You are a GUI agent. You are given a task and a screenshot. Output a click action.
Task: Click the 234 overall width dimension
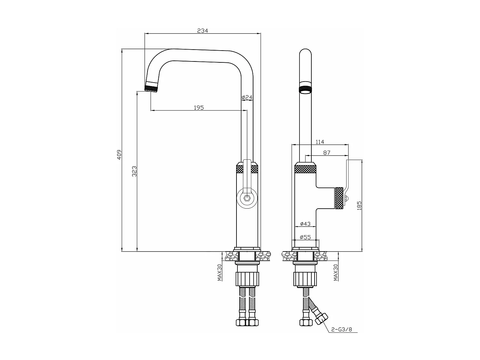202,31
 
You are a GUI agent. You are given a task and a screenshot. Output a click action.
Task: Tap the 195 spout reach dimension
199,108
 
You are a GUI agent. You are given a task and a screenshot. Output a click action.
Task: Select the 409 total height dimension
119,155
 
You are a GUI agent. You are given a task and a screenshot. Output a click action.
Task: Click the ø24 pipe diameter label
247,97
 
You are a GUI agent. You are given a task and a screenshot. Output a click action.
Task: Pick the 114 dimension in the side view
320,142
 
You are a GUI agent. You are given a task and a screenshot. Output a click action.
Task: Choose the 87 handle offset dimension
326,153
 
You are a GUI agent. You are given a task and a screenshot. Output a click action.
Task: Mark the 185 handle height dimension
359,205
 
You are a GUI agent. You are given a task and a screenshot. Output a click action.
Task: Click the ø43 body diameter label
305,224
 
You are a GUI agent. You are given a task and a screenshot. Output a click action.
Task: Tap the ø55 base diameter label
305,237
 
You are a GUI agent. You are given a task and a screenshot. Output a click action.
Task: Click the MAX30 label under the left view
220,272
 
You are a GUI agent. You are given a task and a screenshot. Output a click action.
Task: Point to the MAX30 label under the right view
336,272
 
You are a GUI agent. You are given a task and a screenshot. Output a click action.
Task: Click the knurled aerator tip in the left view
151,88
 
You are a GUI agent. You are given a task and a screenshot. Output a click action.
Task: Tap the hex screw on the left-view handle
247,198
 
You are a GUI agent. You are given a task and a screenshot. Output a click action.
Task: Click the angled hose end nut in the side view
321,319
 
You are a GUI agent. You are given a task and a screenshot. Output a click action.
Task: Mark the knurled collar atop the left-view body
247,169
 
